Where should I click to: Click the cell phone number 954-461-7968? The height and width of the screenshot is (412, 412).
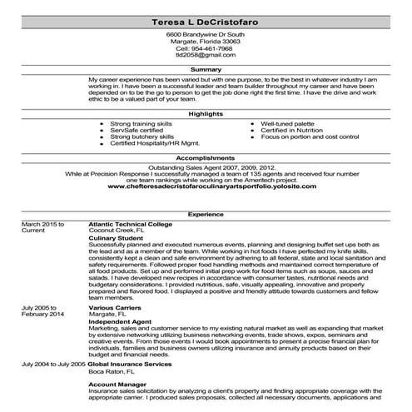click(206, 49)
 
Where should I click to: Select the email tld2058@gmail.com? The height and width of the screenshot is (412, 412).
click(206, 56)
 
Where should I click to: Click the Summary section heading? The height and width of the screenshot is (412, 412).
click(206, 69)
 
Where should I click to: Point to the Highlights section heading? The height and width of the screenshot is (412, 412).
click(206, 113)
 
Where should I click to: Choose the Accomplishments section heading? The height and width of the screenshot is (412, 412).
click(206, 156)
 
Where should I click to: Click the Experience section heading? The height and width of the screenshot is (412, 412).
click(206, 214)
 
